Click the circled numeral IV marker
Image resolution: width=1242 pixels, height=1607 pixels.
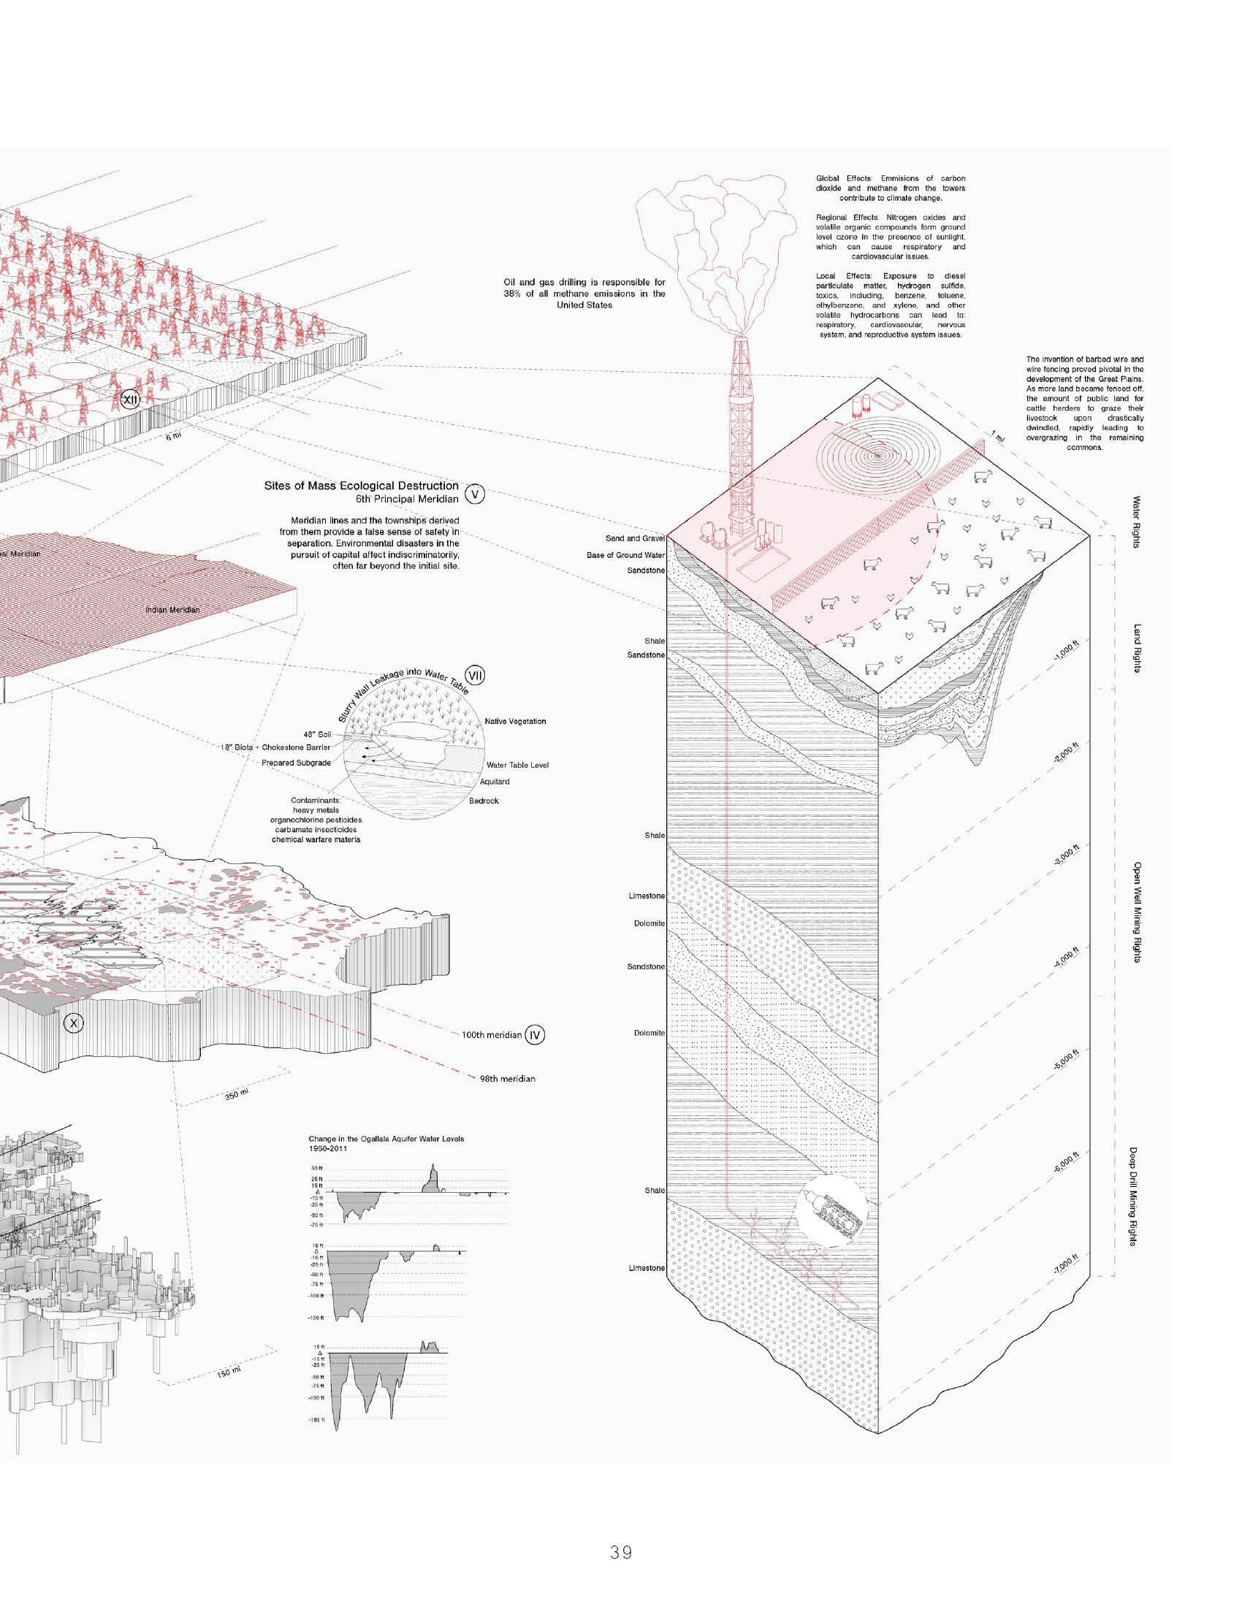coord(535,1035)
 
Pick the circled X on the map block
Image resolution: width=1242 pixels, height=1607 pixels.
coord(74,1022)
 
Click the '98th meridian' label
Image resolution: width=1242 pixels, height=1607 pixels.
coord(507,1079)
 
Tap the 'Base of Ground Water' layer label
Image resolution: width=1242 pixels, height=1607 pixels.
coord(625,555)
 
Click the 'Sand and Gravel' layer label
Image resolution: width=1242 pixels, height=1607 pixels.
coord(635,538)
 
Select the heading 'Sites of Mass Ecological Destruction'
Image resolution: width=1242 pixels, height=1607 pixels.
coord(360,486)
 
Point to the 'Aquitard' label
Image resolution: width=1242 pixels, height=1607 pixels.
coord(495,782)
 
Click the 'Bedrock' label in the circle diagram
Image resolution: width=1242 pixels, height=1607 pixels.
coord(484,801)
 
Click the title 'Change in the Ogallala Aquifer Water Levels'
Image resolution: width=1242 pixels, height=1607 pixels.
coord(386,1139)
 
